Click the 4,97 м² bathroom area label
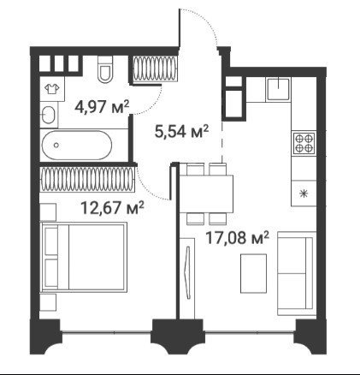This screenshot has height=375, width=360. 102,107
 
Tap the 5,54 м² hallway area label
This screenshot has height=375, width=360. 181,131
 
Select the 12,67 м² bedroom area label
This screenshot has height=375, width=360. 112,207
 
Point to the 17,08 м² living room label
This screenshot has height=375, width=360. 237,238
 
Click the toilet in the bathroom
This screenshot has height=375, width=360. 105,68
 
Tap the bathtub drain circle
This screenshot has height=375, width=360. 56,145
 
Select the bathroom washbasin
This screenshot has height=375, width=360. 49,115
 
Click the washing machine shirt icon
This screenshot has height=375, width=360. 52,89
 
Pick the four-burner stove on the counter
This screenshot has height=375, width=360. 304,143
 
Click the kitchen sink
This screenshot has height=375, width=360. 279,89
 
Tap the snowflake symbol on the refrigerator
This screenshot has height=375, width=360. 304,194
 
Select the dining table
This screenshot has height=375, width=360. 206,194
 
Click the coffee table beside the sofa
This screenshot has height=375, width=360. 253,273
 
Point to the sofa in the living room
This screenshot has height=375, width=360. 297,273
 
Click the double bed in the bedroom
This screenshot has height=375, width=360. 84,257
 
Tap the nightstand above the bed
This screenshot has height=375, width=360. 48,211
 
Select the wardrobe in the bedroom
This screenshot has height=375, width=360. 87,179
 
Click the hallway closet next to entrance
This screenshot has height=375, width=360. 155,68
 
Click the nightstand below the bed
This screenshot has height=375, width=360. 48,302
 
